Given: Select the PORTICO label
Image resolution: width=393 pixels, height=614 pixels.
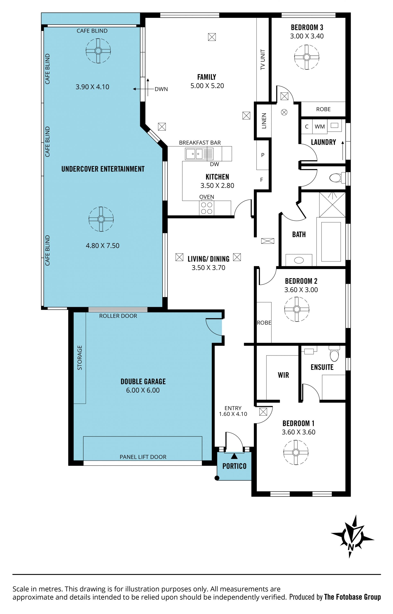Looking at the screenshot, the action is (234, 466).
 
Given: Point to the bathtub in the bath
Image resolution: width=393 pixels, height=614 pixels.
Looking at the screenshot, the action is (331, 242).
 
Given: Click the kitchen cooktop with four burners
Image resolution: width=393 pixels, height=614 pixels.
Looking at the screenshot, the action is (207, 208).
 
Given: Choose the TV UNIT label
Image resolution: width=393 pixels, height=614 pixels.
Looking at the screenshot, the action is (263, 59).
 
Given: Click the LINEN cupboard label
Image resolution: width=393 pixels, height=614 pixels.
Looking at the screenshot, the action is (264, 121).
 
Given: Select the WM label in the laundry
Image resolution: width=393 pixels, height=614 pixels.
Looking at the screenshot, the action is (320, 127).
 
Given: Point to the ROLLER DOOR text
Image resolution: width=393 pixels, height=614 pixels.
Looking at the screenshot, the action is (118, 316).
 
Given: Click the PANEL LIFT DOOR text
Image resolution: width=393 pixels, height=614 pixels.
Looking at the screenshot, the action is (143, 457).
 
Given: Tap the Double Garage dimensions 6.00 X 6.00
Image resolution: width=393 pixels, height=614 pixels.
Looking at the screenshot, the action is (143, 390).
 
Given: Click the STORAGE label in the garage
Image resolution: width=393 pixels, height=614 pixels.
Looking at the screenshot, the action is (80, 358).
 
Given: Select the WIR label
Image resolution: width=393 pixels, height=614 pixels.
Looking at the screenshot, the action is (283, 375).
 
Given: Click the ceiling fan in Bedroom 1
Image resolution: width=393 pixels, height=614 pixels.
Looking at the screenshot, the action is (296, 452).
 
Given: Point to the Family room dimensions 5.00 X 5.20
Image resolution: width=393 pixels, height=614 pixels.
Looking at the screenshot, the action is (207, 86).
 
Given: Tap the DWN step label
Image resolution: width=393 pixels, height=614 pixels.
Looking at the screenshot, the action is (161, 89).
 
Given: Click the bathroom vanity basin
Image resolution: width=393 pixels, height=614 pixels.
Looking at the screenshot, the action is (299, 260).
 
